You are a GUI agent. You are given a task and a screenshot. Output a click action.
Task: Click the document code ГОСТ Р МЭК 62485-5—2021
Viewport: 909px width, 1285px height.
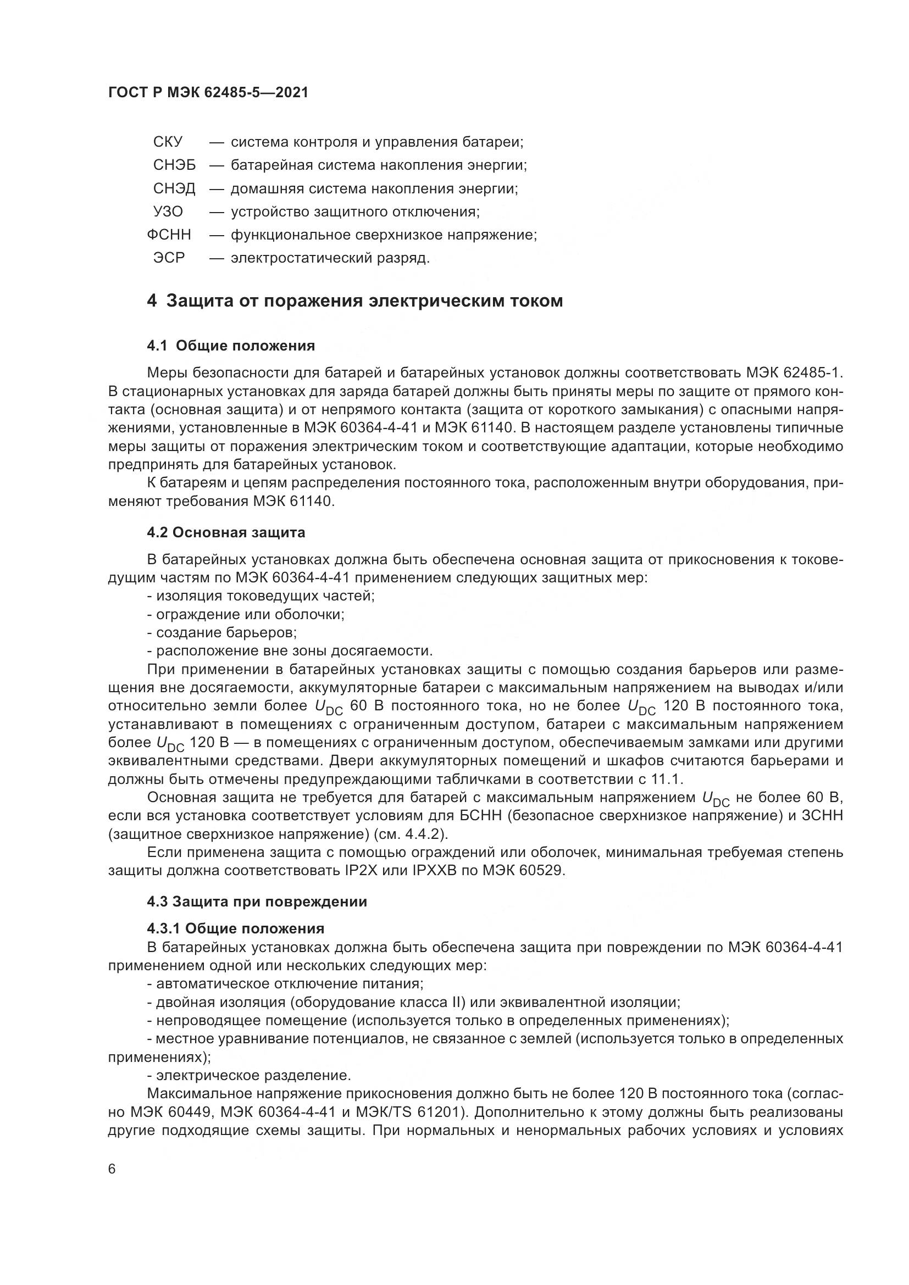tap(208, 93)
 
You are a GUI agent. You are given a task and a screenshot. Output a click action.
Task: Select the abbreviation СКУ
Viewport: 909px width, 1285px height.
tap(168, 142)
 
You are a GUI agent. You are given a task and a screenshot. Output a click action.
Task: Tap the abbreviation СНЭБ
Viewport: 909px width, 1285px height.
tap(175, 165)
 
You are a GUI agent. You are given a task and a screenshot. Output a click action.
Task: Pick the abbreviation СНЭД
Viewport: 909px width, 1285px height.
tap(175, 188)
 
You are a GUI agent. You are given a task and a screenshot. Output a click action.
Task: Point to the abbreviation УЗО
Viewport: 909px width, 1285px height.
tap(168, 212)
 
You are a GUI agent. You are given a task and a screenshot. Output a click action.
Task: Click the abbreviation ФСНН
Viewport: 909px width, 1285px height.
tap(169, 235)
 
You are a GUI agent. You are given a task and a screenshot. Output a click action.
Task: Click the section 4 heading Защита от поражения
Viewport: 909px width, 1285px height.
tap(355, 301)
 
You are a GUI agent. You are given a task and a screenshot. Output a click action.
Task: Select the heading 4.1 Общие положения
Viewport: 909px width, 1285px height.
tap(231, 346)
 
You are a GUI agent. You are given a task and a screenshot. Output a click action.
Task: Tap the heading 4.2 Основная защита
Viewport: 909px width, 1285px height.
tap(226, 532)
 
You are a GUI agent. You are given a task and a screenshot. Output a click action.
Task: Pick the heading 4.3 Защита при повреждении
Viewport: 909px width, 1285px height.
tap(257, 902)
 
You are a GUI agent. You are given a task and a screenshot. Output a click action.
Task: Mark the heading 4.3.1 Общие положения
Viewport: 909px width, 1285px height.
tap(236, 929)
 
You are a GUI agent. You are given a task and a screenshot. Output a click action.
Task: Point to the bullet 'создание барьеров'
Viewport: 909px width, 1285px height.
tap(222, 633)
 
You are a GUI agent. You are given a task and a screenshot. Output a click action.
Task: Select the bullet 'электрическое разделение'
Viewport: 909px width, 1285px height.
tap(249, 1076)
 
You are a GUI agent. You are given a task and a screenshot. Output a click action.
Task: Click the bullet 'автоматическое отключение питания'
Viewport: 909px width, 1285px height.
tap(285, 984)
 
